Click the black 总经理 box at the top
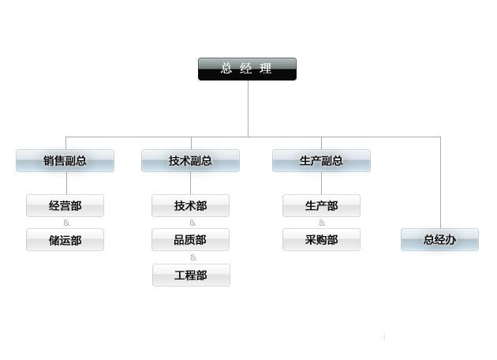(x=247, y=69)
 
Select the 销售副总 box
(x=65, y=161)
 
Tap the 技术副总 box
(x=190, y=161)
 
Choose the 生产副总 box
(x=321, y=161)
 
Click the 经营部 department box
(x=65, y=206)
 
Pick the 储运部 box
(x=65, y=240)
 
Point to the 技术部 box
(x=190, y=206)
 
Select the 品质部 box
(x=190, y=240)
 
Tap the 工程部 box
(x=190, y=276)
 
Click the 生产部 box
(x=321, y=206)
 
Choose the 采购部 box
(x=321, y=240)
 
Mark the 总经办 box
(x=439, y=240)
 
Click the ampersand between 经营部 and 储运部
(x=65, y=223)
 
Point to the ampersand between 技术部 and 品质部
(x=192, y=223)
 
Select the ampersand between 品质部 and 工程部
(x=192, y=257)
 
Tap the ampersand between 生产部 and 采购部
(x=322, y=223)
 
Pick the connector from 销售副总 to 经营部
(x=65, y=183)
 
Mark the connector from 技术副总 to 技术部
(x=190, y=183)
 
